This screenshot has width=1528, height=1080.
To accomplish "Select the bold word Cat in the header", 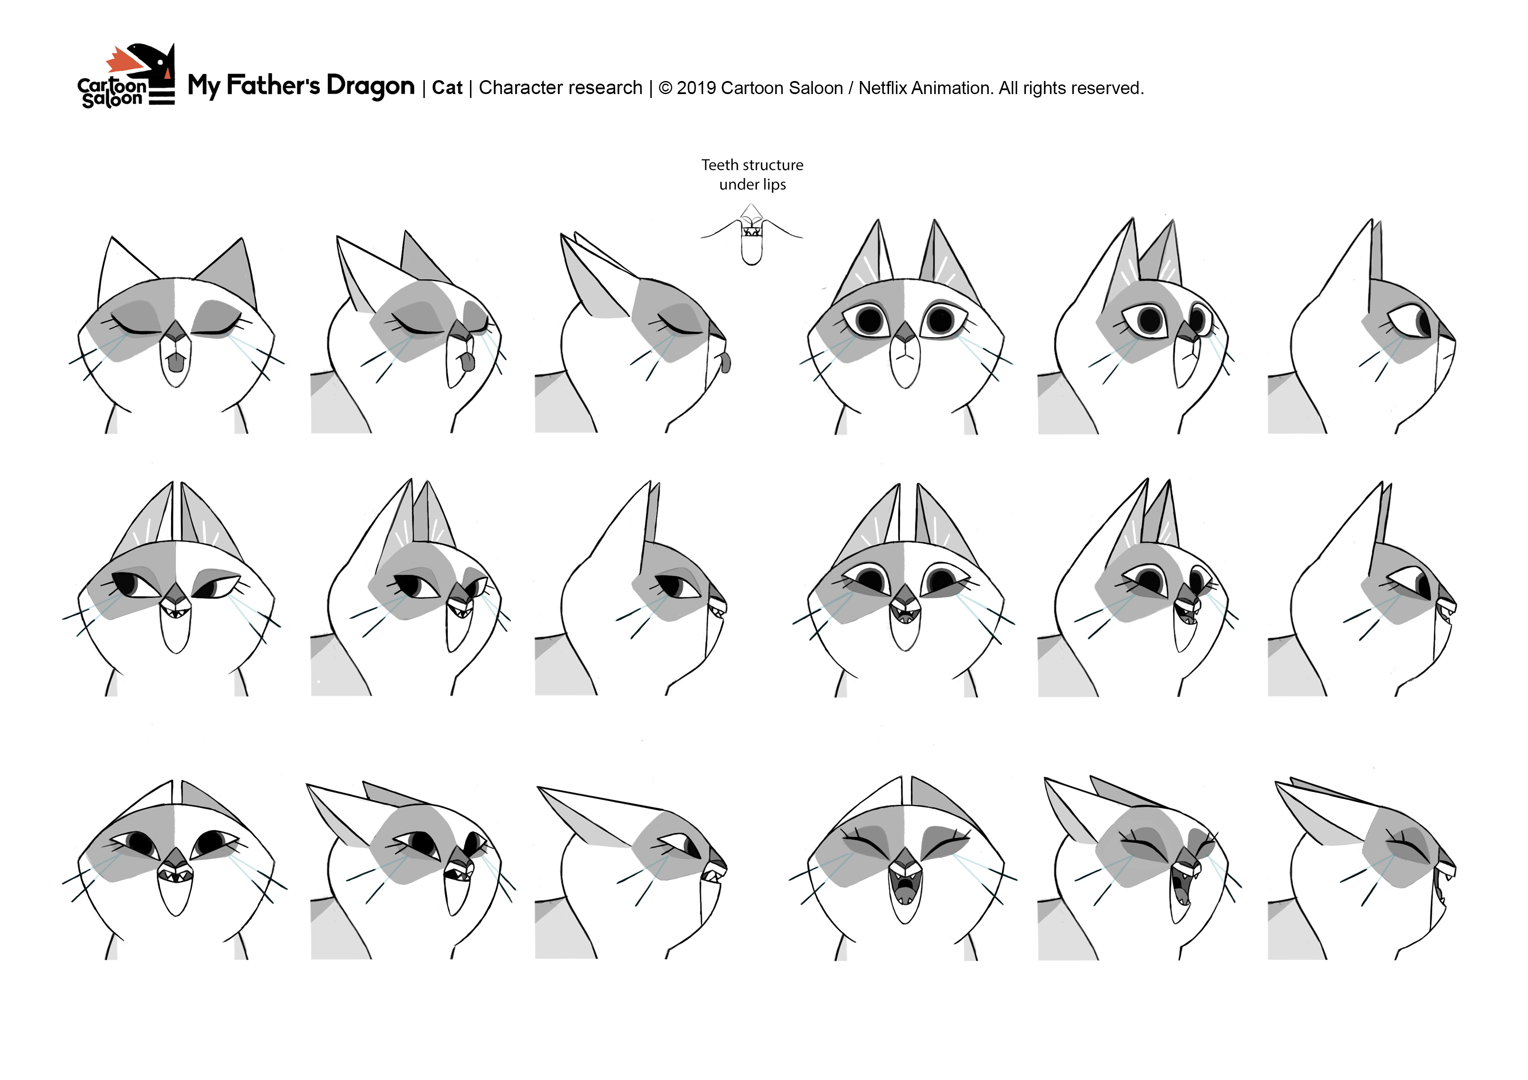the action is (x=447, y=88).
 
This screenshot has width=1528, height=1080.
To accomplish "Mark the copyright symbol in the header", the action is (x=665, y=88).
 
